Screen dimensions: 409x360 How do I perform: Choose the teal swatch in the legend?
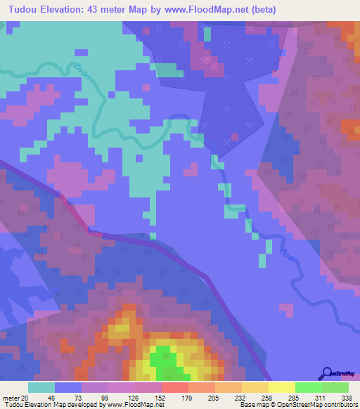41,387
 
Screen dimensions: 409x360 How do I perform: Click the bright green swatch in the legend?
309,387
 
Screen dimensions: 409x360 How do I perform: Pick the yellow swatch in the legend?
282,387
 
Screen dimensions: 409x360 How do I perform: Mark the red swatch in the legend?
175,387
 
